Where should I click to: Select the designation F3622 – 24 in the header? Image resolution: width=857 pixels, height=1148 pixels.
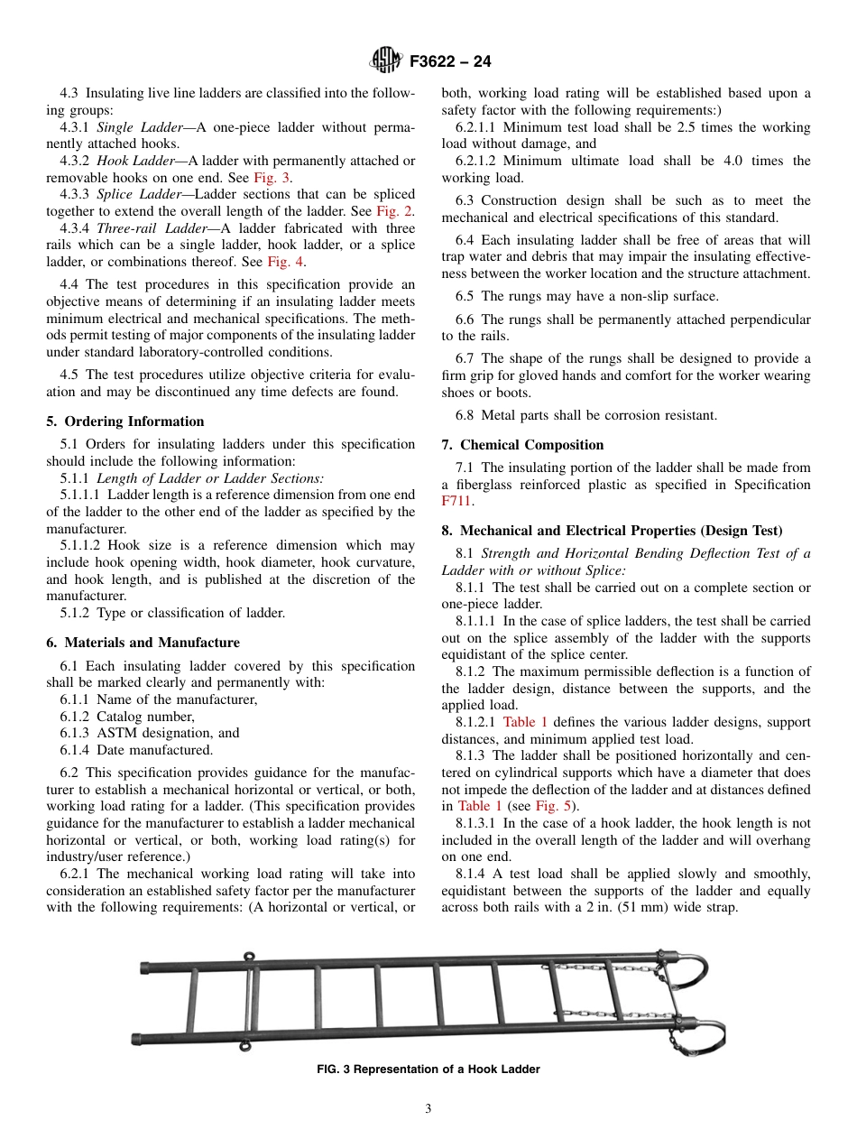(x=450, y=62)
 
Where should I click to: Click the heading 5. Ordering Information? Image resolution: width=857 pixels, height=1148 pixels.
(x=125, y=421)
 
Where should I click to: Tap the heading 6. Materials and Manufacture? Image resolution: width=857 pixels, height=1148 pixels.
(x=143, y=643)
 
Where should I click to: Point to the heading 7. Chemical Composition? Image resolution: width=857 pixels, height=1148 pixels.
(x=522, y=445)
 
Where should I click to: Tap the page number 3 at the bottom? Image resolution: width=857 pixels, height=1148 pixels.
(x=428, y=1109)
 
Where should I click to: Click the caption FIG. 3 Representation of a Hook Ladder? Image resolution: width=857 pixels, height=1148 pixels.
(x=428, y=1069)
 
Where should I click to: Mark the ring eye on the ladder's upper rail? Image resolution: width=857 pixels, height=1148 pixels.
(x=249, y=957)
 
